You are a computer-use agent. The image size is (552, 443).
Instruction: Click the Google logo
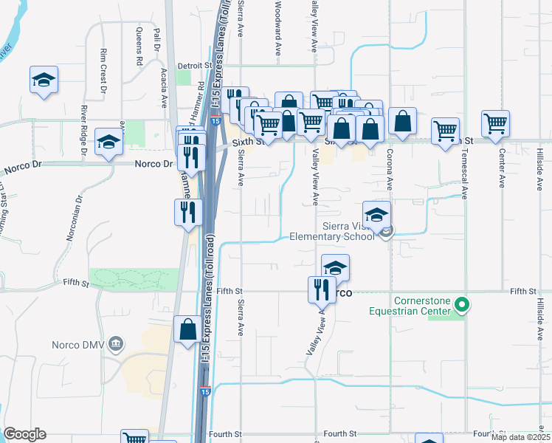[x=24, y=433]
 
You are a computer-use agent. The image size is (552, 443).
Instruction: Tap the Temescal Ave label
[x=464, y=180]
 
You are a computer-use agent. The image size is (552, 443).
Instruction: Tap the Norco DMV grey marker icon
[x=114, y=344]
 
